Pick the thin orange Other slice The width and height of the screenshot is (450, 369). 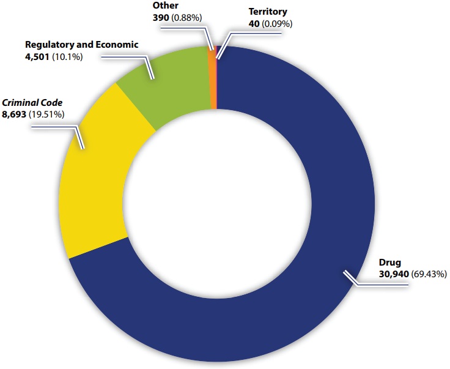pyautogui.click(x=213, y=80)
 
